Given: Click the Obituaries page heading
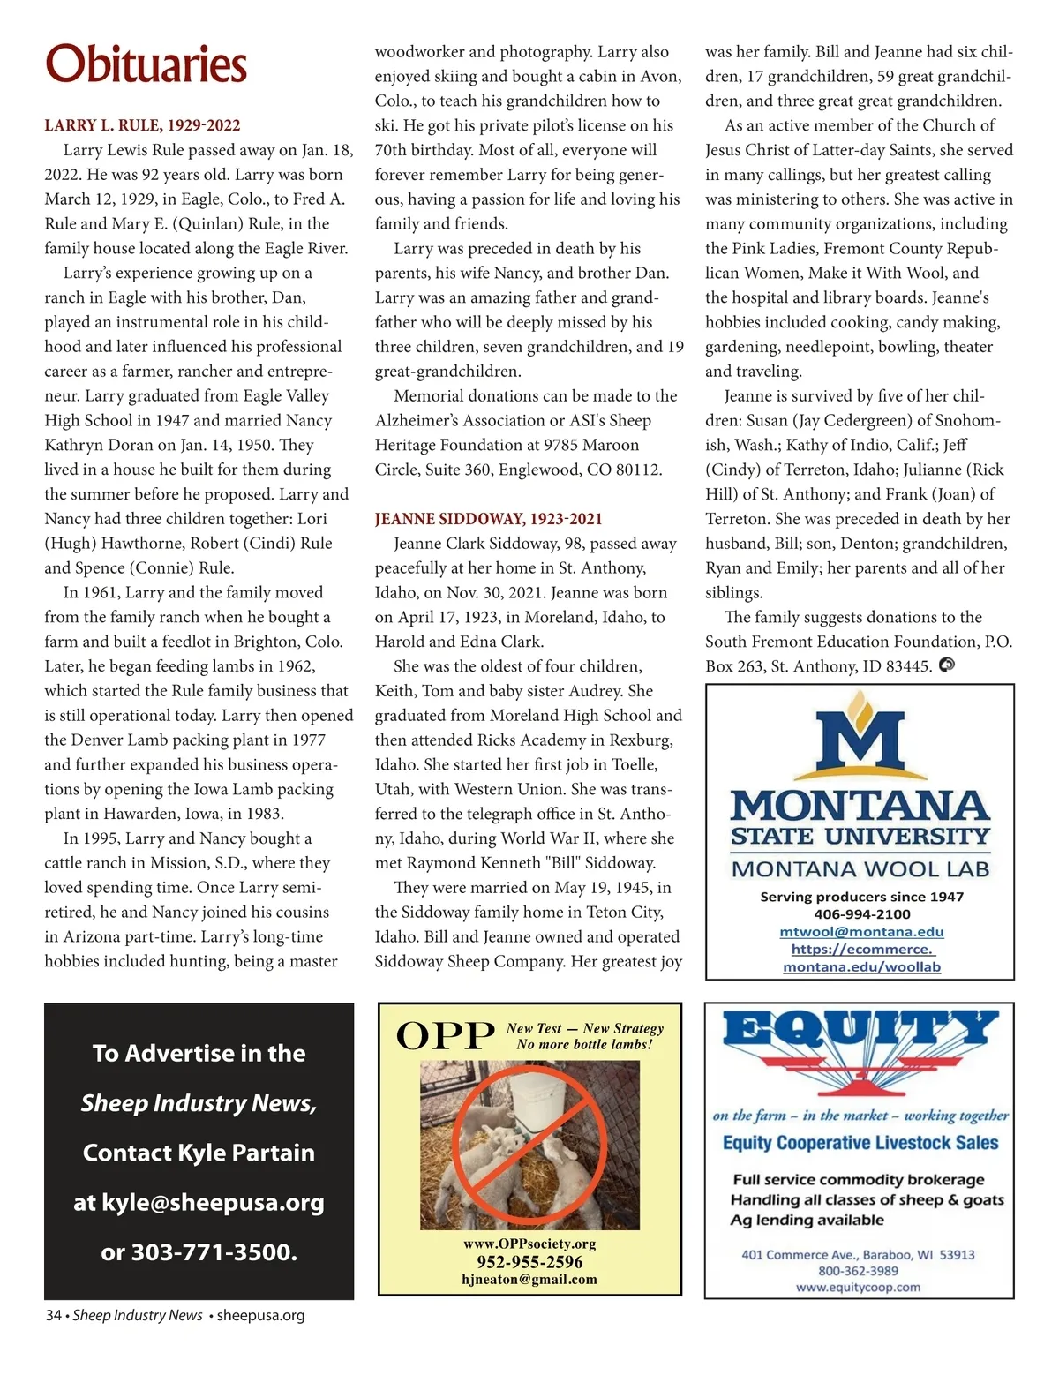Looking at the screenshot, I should coord(146,64).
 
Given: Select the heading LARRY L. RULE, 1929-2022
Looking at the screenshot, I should coord(142,125).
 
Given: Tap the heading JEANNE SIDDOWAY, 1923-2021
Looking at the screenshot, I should coord(488,519).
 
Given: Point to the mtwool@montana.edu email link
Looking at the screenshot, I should coord(861,932).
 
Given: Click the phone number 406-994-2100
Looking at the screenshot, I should coord(861,914).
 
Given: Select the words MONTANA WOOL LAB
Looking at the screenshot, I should coord(860,869).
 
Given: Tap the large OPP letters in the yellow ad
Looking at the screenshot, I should coord(445,1036).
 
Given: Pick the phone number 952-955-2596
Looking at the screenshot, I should coord(529,1262).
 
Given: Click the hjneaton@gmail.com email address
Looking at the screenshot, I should coord(529,1280).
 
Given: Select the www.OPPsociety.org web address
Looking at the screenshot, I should coord(529,1244).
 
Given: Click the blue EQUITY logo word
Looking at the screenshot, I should coord(860,1029).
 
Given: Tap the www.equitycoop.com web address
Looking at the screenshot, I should coord(858,1288).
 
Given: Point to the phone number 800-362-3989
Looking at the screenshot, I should coord(858,1271).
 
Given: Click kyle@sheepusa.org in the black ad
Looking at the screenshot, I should coord(213,1202).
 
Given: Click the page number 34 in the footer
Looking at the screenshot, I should coord(53,1315).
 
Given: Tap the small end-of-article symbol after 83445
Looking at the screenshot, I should coord(947,665).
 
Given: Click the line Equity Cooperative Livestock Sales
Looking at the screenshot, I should coord(860,1143).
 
